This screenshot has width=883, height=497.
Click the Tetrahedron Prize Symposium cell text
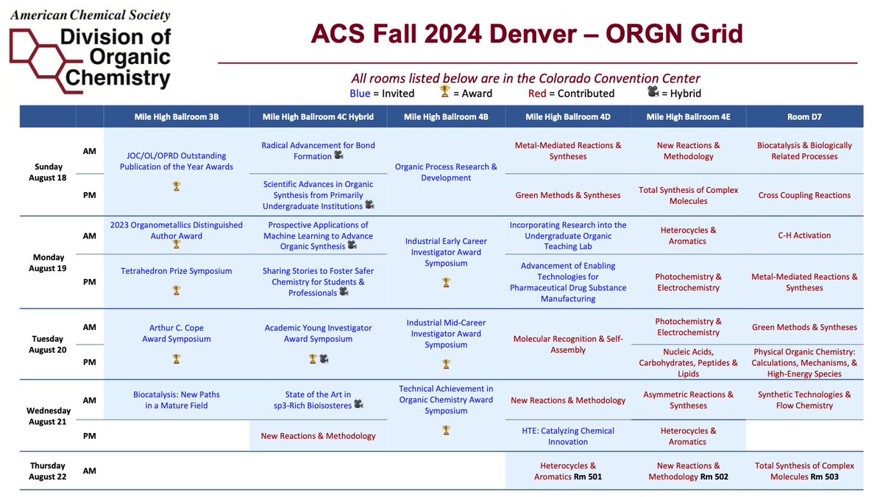click(176, 271)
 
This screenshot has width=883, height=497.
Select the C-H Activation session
click(804, 236)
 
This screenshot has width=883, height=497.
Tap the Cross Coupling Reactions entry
click(804, 195)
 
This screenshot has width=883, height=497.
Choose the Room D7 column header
click(804, 117)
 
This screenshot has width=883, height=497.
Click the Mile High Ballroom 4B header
click(446, 117)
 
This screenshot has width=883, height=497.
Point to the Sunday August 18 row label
click(46, 172)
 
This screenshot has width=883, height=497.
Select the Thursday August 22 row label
click(48, 470)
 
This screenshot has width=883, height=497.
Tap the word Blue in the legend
click(360, 94)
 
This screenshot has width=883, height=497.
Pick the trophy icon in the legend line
click(444, 92)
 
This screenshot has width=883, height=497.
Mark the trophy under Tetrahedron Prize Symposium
click(176, 290)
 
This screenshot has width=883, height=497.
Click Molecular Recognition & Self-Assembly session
click(568, 345)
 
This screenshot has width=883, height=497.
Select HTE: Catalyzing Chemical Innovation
click(567, 436)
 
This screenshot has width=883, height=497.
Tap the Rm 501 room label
click(589, 477)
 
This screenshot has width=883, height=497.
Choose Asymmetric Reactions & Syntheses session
click(688, 400)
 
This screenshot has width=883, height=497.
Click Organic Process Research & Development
click(446, 172)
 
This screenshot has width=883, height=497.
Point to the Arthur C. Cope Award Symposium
click(176, 334)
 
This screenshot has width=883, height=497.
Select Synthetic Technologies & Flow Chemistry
click(804, 400)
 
